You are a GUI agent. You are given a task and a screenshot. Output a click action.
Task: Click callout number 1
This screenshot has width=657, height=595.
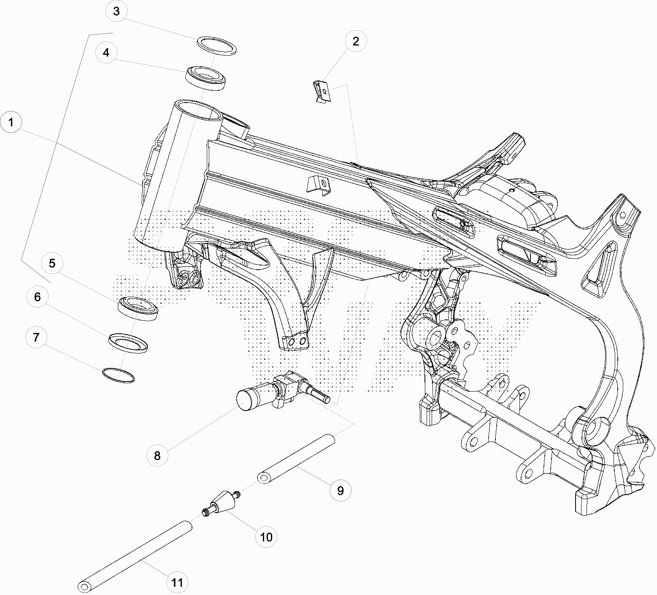tap(11, 122)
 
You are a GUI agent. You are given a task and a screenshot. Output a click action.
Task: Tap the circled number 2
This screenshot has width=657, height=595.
tap(356, 41)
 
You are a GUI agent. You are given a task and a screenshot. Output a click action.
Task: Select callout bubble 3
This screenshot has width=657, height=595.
tap(116, 11)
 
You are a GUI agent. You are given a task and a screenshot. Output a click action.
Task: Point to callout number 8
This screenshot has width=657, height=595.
tap(157, 455)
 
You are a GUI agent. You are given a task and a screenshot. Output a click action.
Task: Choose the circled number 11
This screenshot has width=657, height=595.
tap(177, 583)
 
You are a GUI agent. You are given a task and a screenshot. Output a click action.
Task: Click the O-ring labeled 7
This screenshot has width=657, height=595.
tap(119, 375)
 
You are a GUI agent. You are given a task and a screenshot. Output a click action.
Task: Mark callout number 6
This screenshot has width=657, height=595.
tap(38, 297)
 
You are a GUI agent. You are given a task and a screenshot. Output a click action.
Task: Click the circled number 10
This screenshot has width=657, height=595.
tap(266, 537)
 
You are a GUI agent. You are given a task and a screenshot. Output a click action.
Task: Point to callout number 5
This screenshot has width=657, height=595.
tap(52, 263)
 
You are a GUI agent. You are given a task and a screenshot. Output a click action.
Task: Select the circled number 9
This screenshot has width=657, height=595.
tap(341, 490)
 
